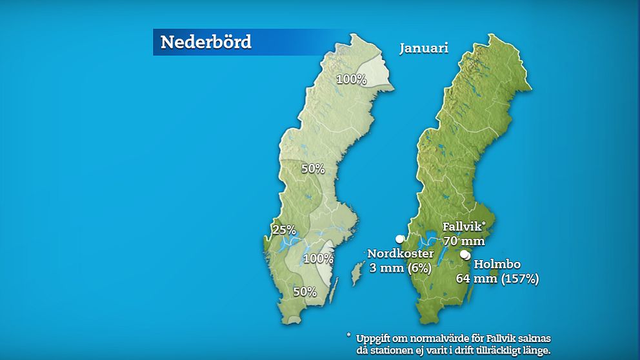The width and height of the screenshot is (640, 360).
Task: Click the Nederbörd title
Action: [x=206, y=42]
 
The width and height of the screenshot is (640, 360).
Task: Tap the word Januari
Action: [x=423, y=48]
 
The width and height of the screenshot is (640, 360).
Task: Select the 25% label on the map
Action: [x=283, y=230]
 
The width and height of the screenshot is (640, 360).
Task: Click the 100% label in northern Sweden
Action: [x=352, y=79]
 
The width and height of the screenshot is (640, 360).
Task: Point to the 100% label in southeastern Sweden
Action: [x=318, y=259]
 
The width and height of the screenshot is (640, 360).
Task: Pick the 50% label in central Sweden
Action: [x=313, y=169]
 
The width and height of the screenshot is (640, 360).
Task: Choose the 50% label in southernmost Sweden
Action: [x=305, y=292]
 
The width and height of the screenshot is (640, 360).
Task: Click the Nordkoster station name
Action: [x=401, y=254]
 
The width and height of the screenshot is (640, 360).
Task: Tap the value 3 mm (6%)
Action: [x=400, y=268]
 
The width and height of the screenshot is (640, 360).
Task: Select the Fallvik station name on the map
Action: [x=462, y=227]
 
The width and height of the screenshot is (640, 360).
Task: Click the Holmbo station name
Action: [x=497, y=265]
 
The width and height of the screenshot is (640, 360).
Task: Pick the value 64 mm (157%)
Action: [x=506, y=279]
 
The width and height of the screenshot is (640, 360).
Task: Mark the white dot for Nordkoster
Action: [x=399, y=239]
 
